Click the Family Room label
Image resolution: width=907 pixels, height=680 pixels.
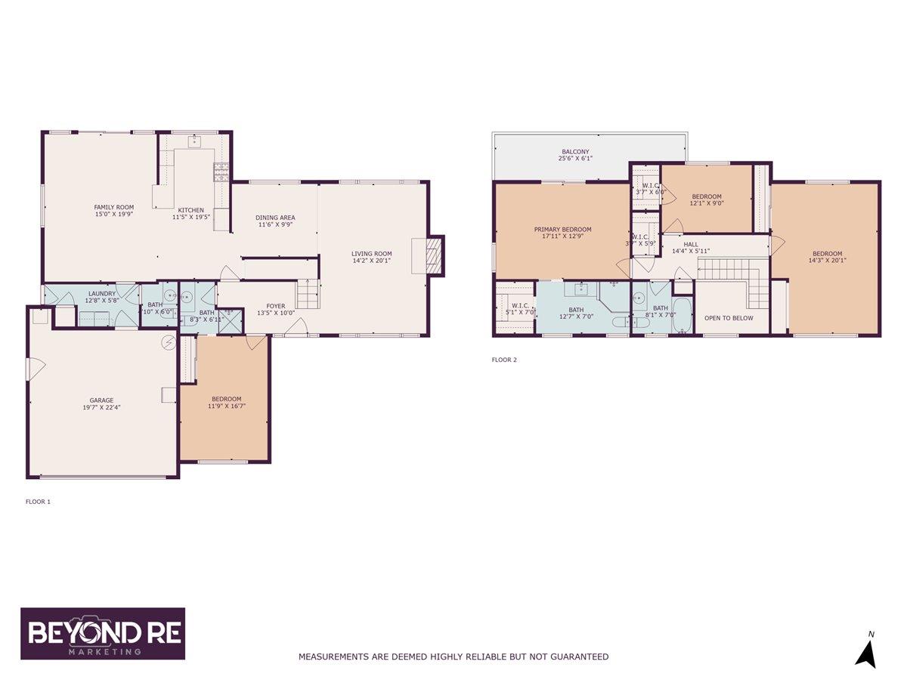113,207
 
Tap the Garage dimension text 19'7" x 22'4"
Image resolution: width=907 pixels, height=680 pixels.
101,407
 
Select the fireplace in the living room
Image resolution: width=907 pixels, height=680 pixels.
432,256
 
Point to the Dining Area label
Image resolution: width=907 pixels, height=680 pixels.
274,217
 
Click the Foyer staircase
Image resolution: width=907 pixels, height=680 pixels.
306,292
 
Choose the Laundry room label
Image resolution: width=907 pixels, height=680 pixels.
101,293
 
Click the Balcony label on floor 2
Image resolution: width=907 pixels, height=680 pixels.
574,152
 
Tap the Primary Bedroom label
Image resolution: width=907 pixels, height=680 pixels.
562,230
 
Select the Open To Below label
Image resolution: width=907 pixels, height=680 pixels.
728,318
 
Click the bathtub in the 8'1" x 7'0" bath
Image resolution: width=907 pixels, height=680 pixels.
683,317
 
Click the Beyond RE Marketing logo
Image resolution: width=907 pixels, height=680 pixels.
103,634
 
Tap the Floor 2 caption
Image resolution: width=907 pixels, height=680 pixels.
504,360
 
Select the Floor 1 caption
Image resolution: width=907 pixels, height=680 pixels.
38,501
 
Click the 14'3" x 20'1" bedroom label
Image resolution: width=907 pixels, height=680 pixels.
827,254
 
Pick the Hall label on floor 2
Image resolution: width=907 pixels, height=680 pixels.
691,244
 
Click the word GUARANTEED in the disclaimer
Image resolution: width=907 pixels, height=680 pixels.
577,657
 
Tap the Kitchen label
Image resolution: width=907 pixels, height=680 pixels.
190,210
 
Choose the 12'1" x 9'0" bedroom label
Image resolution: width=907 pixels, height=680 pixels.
706,196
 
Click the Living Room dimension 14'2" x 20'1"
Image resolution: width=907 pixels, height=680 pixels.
371,261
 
